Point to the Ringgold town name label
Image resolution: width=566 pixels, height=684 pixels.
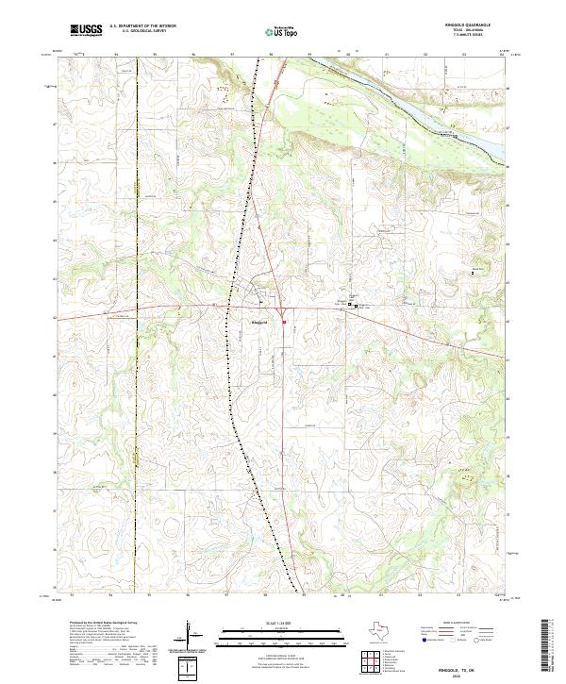259,322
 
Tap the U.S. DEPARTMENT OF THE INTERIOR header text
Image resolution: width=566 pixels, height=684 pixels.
142,25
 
